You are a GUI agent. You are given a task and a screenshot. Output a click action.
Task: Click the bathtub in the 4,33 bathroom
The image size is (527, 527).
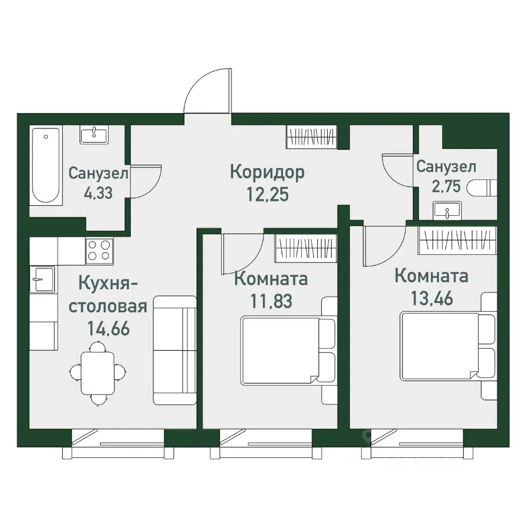pos(46,166)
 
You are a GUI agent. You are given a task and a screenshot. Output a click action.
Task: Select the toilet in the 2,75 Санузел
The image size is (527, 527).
pos(481,188)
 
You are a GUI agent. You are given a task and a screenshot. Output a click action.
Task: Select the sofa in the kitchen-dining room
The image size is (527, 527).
pos(175,350)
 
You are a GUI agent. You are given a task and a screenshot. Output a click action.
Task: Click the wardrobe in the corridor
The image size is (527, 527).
pos(311,137)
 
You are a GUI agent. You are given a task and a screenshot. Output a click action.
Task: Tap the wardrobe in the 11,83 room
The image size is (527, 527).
pos(306,245)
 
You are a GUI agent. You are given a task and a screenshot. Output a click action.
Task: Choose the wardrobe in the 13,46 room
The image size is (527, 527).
pos(457,241)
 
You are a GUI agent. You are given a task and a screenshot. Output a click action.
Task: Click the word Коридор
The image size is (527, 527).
pos(267,172)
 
